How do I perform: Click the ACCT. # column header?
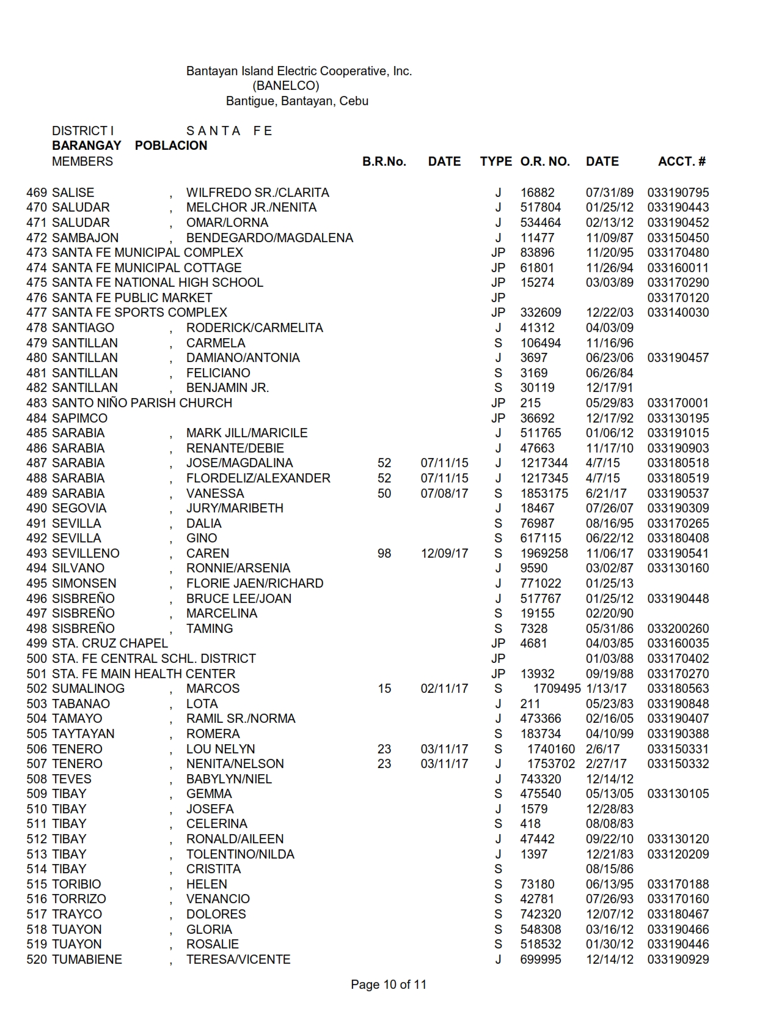[x=681, y=161]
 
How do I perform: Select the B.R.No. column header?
[x=384, y=161]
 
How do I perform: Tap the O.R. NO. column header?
[x=545, y=161]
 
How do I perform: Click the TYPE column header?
[x=496, y=161]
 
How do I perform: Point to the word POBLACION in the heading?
[x=171, y=146]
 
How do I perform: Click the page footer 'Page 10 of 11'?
[x=389, y=985]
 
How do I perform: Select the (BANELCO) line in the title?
[x=286, y=86]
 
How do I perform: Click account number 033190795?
[x=678, y=193]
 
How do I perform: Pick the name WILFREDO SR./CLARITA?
[x=257, y=193]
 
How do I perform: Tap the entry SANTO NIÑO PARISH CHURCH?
[x=142, y=403]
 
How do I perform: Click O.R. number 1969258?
[x=544, y=553]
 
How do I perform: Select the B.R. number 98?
[x=384, y=553]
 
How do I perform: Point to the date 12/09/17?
[x=444, y=553]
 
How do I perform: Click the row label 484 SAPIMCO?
[x=67, y=418]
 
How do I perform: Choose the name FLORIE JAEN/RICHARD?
[x=255, y=583]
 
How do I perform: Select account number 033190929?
[x=678, y=959]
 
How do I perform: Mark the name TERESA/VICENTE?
[x=238, y=959]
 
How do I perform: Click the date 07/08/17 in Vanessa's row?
[x=444, y=493]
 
